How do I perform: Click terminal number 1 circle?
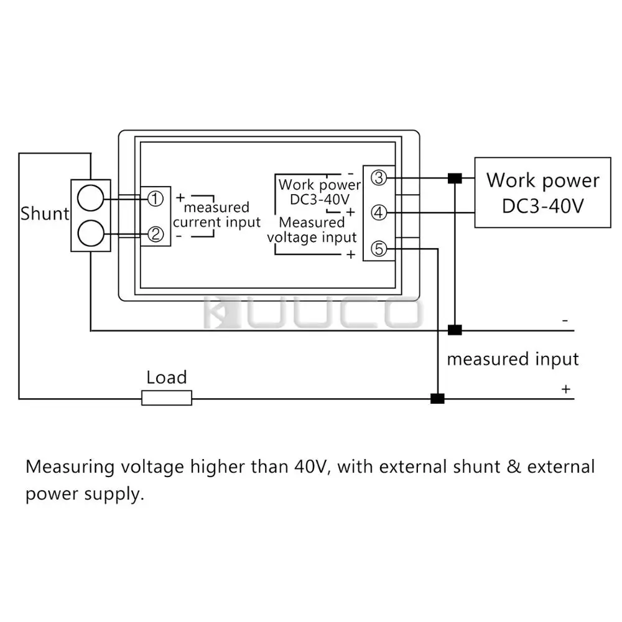155,198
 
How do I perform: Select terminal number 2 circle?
155,234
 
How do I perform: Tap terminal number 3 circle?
379,178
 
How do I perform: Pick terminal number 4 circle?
379,213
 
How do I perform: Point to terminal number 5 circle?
379,249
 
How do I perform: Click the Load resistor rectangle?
167,398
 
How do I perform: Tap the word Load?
167,378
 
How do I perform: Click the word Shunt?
45,213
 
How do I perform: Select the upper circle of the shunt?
90,198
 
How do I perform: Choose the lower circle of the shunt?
91,233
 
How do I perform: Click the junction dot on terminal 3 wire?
455,178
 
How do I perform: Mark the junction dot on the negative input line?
455,330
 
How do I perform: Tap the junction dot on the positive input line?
437,398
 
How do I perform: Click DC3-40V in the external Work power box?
542,207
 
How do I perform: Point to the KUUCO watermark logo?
312,312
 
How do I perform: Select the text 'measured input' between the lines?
513,359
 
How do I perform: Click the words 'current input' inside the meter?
216,222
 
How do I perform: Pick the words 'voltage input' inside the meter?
312,237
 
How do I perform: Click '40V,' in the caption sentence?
313,467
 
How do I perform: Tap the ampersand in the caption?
514,466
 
